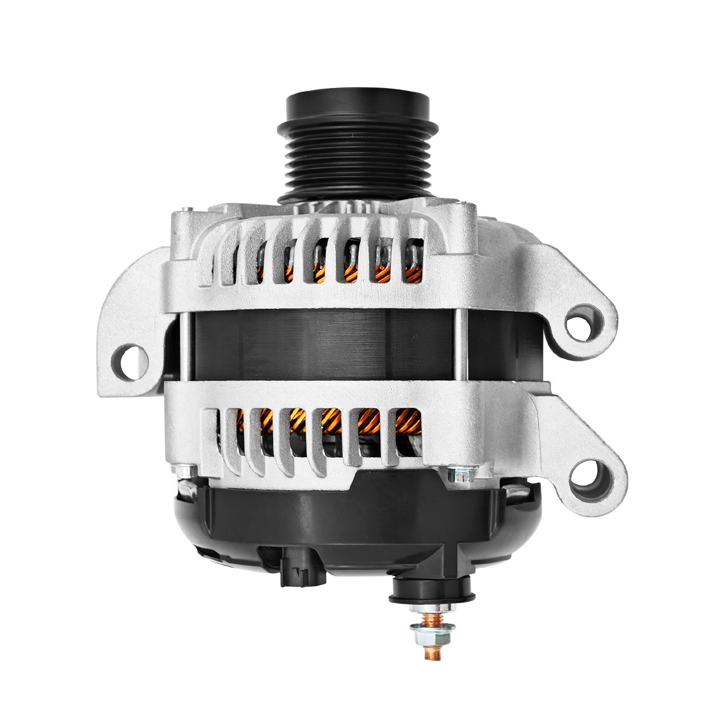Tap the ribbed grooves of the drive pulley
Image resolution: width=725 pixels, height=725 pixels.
pyautogui.click(x=358, y=159)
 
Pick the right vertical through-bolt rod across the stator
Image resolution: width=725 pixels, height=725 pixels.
pyautogui.click(x=456, y=345)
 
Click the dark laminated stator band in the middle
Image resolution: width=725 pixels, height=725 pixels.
pyautogui.click(x=319, y=345)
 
